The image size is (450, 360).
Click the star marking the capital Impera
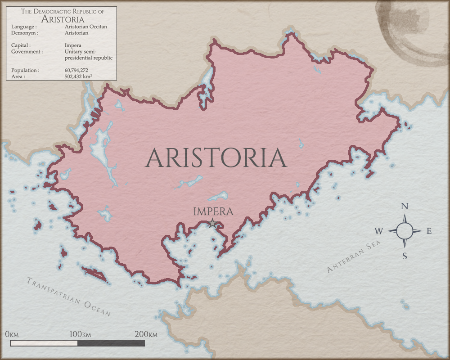(212, 223)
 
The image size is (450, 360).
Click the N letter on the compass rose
(405, 207)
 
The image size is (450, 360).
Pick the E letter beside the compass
(429, 231)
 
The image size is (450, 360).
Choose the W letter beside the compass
(379, 231)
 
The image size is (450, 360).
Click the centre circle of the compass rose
(405, 231)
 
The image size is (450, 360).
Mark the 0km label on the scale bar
(12, 335)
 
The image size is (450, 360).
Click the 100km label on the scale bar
(80, 335)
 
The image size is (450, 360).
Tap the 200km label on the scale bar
(146, 335)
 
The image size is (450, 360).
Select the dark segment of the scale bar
(111, 343)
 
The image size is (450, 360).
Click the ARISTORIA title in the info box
(62, 19)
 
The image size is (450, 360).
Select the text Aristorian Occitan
(86, 27)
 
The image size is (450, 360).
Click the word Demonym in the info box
(25, 33)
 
